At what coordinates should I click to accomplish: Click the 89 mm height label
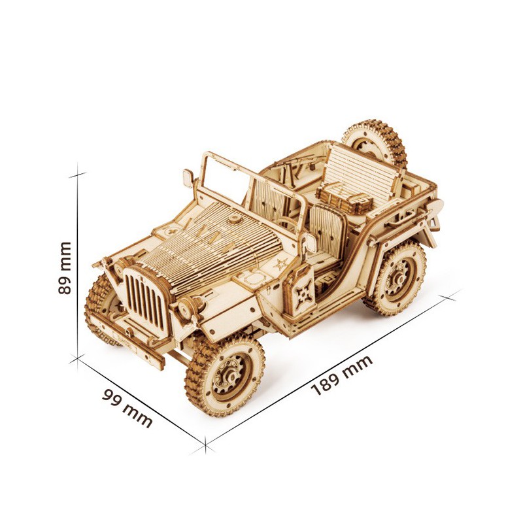coord(65,268)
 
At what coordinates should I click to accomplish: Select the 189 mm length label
coord(341,375)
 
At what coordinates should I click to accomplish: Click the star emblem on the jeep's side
coord(281,265)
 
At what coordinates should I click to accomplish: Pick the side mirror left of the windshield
coord(188,177)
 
